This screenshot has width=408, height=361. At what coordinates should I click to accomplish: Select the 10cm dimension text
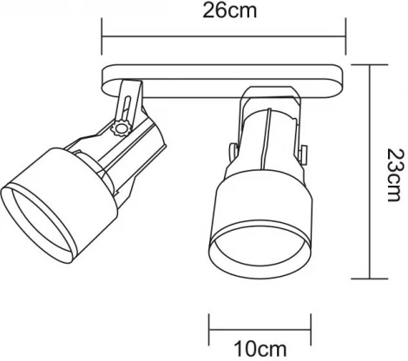[251, 349]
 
